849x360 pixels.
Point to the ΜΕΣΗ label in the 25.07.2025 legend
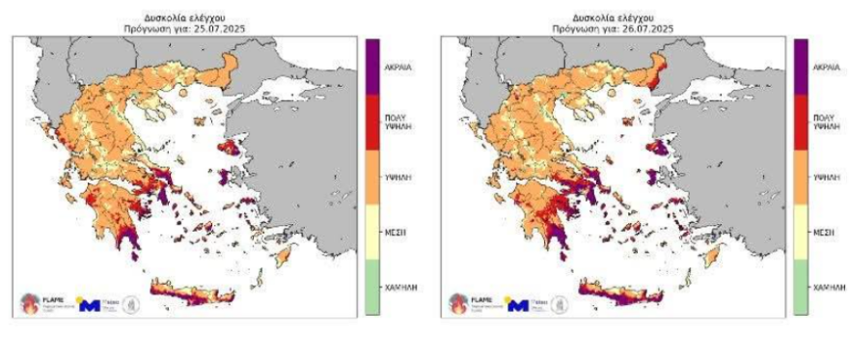396,233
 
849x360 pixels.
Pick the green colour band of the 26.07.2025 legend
801,288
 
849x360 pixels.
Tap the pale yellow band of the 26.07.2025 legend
801,233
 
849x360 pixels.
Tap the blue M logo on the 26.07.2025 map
518,305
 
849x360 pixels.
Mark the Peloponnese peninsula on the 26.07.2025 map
534,217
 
